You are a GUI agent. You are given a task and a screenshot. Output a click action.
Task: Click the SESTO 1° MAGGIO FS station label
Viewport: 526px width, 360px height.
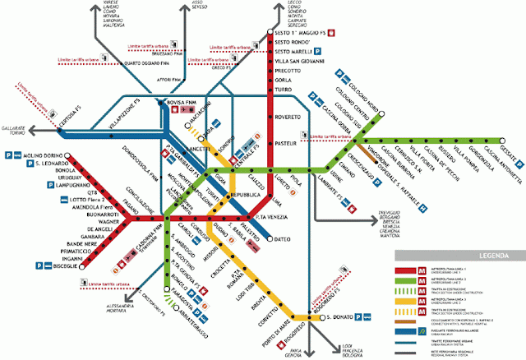[304, 33]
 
